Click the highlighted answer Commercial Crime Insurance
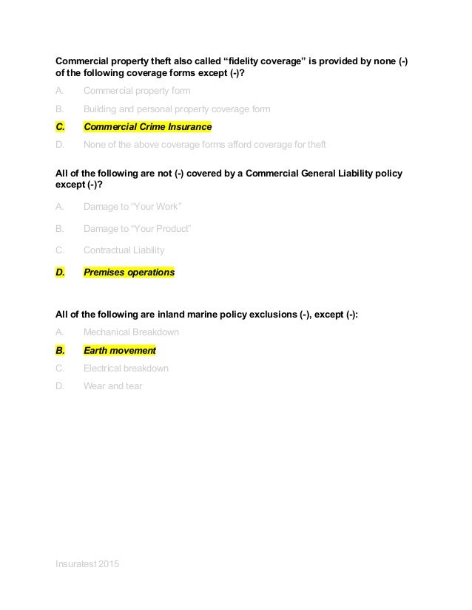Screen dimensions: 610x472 (147, 126)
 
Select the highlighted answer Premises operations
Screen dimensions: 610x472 (129, 273)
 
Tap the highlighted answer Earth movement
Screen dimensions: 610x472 (119, 350)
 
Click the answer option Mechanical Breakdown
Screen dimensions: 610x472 (131, 332)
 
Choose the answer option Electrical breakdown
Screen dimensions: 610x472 (126, 368)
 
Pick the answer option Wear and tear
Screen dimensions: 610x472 (112, 385)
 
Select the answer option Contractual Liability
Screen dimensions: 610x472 (124, 250)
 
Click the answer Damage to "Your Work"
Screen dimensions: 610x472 (132, 207)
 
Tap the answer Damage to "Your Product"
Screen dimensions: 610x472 (138, 228)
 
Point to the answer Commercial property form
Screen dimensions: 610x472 (137, 91)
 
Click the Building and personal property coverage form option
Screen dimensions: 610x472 (177, 109)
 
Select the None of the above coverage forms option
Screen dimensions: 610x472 (204, 144)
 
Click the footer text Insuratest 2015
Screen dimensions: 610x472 (87, 564)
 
